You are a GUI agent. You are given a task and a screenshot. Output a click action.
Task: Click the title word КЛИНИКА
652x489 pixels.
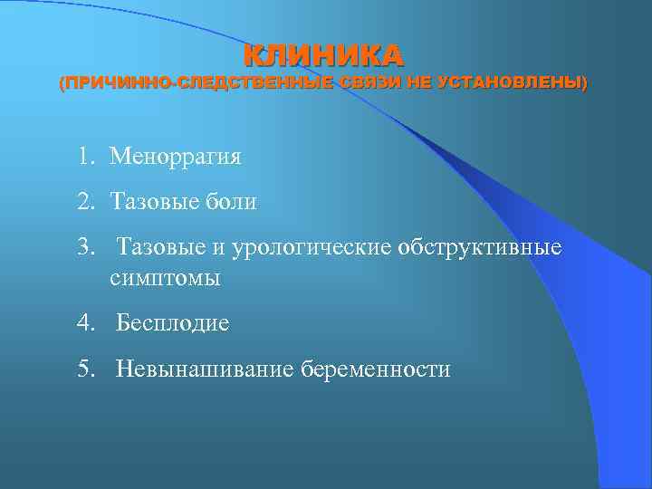pos(323,56)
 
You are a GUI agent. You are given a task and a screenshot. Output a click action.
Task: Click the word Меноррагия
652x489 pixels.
pos(175,157)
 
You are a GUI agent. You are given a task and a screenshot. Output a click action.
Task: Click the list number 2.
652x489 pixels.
pos(84,202)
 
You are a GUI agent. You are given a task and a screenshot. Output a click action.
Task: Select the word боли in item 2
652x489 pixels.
pos(234,202)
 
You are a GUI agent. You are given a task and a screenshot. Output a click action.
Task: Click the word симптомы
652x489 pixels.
pos(165,279)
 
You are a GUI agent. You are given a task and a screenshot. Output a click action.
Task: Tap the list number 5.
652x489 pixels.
pos(84,369)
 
